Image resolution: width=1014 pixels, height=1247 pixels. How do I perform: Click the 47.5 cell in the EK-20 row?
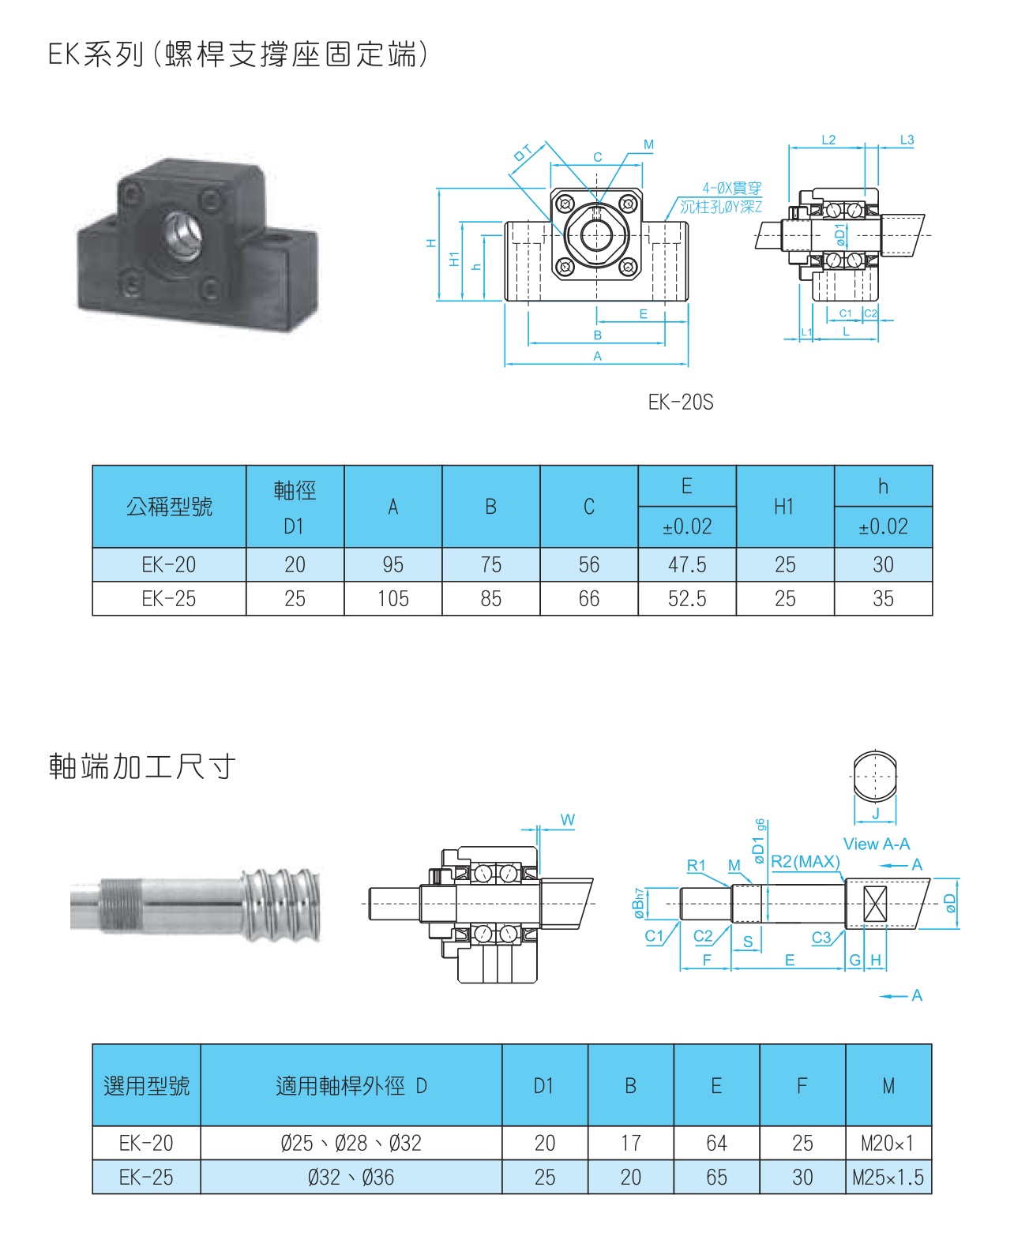click(687, 565)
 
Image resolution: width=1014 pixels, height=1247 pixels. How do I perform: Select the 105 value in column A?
click(392, 599)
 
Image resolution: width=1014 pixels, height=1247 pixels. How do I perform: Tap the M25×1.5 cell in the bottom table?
click(888, 1178)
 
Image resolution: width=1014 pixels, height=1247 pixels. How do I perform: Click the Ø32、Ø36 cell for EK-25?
click(351, 1178)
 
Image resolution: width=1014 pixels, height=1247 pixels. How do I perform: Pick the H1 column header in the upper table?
click(784, 507)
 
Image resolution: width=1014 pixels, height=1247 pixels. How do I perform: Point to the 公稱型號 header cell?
click(169, 507)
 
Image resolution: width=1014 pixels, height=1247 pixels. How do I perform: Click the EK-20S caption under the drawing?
click(680, 403)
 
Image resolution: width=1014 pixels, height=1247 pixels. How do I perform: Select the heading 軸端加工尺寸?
click(142, 766)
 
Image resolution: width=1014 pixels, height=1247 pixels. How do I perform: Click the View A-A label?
click(876, 844)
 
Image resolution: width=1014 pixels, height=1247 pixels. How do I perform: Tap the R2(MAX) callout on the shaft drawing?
click(805, 861)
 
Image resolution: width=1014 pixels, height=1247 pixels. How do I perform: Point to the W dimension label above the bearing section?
click(567, 820)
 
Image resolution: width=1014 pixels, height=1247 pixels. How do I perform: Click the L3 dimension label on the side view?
click(907, 140)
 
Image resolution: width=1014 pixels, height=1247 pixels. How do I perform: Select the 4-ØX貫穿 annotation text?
click(731, 188)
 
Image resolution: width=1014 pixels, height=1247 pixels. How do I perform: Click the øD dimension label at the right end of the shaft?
click(950, 903)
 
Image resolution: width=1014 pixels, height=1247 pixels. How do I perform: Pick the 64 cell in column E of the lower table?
click(716, 1143)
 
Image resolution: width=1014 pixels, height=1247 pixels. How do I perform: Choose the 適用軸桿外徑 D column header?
click(351, 1086)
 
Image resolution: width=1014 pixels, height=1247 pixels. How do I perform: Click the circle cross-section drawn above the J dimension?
click(874, 775)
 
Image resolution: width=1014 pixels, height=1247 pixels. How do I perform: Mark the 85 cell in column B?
click(490, 599)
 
